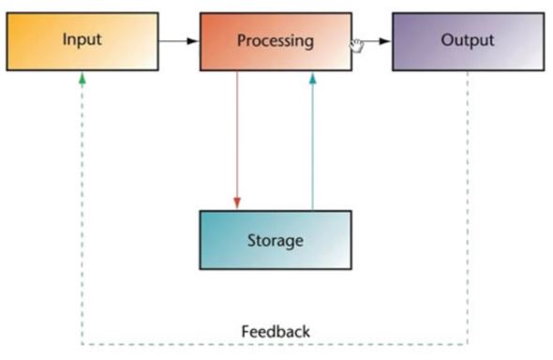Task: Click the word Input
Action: tap(82, 39)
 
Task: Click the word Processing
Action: tap(276, 40)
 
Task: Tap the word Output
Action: tap(468, 39)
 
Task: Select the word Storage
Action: tap(275, 241)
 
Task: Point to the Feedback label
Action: tap(276, 332)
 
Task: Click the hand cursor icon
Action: tap(356, 46)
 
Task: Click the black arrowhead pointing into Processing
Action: tap(192, 41)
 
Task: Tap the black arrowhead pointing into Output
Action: tap(385, 41)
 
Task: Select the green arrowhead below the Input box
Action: tap(82, 79)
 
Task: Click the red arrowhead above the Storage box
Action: tap(237, 203)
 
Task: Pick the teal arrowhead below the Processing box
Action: tap(312, 78)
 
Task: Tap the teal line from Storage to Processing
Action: tap(312, 141)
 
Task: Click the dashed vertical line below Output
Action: tap(468, 207)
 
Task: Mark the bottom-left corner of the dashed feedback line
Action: tap(82, 344)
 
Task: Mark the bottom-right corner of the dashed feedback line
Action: tap(468, 343)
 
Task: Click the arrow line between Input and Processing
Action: tap(179, 41)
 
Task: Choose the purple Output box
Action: tap(469, 41)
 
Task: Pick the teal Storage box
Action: tap(276, 240)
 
